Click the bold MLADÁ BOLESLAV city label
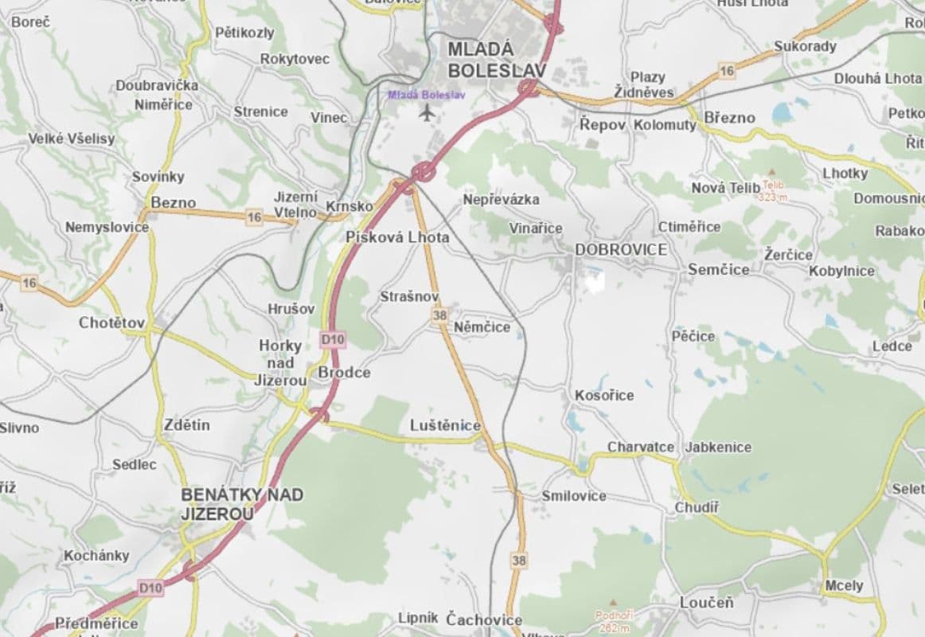coord(497,60)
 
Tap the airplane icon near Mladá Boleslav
coord(427,112)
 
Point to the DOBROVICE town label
coord(621,249)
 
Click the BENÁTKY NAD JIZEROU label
coord(241,504)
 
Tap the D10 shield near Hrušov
coord(333,339)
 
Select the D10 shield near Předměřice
coord(150,588)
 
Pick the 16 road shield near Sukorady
coord(726,71)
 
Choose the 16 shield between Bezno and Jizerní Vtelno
coord(254,217)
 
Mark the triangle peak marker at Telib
coord(770,172)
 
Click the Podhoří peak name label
coord(614,616)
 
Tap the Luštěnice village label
coord(445,425)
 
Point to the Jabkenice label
coord(718,447)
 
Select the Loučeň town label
coord(706,602)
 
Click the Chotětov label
coord(112,322)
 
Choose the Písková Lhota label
coord(397,237)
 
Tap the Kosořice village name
coord(604,395)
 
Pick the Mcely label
coord(843,585)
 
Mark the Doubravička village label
coord(157,85)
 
